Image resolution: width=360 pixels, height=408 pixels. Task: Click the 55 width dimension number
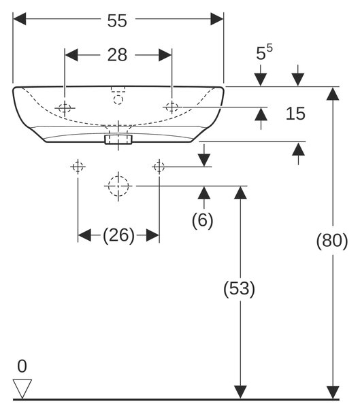117,20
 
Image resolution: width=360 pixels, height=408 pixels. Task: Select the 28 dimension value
117,55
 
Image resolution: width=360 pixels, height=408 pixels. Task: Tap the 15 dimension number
295,114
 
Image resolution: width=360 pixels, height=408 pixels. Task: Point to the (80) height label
332,241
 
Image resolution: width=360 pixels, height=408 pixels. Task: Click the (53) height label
239,288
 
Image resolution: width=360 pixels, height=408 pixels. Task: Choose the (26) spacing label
119,235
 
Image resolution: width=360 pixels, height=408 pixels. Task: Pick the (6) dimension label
202,220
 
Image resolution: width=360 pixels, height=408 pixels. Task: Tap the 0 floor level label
22,366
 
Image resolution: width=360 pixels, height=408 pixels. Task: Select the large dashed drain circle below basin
118,186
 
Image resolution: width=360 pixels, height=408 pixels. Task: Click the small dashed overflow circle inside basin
118,100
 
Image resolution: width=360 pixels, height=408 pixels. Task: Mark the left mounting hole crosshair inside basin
65,107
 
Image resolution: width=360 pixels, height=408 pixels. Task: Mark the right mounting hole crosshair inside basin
172,107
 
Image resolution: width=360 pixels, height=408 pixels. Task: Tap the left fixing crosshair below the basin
78,167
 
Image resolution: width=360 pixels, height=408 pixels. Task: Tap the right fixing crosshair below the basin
159,167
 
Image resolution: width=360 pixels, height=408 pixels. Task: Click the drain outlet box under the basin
118,139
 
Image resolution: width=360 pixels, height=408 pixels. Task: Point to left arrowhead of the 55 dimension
19,19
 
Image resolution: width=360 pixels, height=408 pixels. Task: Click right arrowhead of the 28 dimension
165,55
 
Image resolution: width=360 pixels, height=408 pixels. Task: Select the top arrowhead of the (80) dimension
333,94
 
